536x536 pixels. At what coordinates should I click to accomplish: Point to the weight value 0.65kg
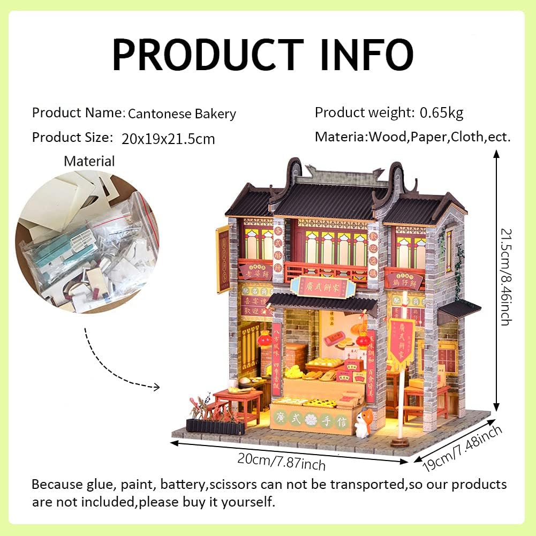(x=441, y=112)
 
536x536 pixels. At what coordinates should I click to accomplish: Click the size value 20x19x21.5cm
(x=168, y=139)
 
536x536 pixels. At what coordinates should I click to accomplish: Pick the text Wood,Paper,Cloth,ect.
(x=439, y=137)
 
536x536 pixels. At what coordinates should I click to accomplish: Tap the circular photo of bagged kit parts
(x=87, y=243)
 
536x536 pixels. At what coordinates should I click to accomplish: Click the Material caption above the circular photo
(x=89, y=161)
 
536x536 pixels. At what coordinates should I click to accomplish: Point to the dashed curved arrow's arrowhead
(x=157, y=387)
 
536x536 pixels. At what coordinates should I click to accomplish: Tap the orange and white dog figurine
(x=362, y=424)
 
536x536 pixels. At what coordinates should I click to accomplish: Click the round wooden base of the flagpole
(x=400, y=442)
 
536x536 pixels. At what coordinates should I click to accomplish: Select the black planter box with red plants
(x=217, y=426)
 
